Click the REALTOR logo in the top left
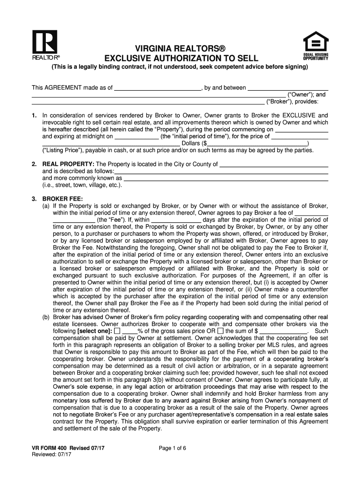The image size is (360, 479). (x=44, y=45)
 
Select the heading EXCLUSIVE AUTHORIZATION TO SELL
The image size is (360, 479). (x=180, y=58)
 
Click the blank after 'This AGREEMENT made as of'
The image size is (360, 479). (x=158, y=87)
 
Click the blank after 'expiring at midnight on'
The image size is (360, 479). (x=137, y=137)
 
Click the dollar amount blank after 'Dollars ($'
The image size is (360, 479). (x=257, y=144)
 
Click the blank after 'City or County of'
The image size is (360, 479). (x=274, y=164)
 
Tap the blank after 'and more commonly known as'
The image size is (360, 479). (x=225, y=178)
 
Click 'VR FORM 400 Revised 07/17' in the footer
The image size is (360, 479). (x=68, y=448)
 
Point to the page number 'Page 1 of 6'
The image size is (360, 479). (x=173, y=448)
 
